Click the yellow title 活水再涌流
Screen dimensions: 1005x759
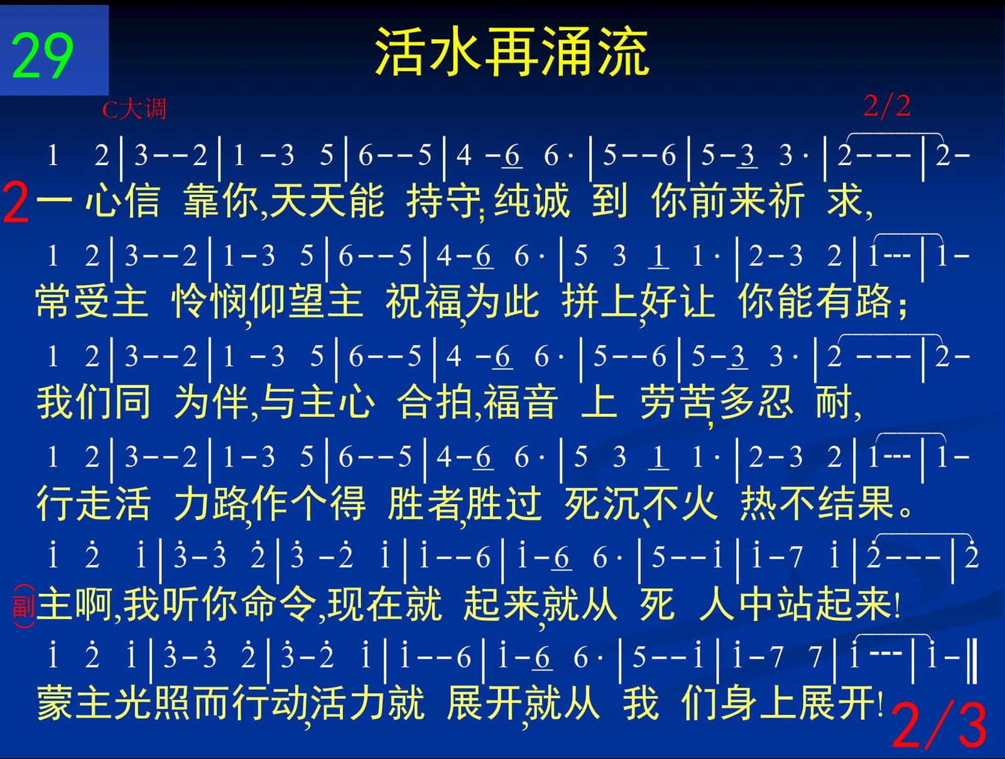tap(513, 51)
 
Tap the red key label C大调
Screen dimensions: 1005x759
tap(134, 109)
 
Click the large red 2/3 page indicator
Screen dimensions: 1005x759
tap(938, 726)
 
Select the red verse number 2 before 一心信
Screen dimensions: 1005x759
tap(16, 202)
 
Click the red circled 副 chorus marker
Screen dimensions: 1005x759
tap(24, 606)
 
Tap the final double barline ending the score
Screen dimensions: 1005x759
tap(972, 660)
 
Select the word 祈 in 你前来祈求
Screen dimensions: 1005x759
tap(786, 200)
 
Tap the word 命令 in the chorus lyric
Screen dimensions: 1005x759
tap(280, 604)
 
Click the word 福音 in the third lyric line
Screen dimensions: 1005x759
tap(521, 402)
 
